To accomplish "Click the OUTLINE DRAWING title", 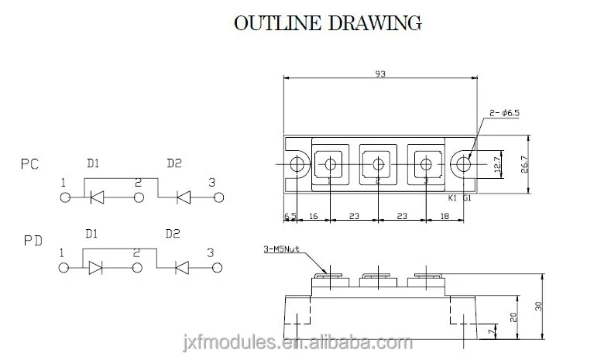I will click(328, 22).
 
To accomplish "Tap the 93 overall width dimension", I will click(379, 74).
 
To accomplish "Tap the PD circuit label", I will click(32, 242).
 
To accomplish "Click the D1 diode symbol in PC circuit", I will click(97, 198).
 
